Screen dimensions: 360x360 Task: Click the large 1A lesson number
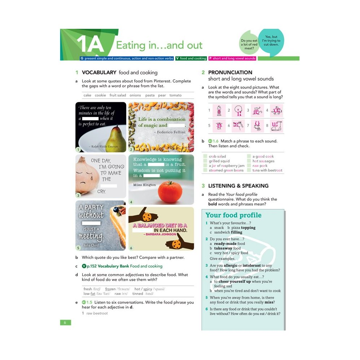click(90, 45)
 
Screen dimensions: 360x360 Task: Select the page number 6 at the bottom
click(65, 323)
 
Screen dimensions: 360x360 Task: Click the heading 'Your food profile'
click(233, 215)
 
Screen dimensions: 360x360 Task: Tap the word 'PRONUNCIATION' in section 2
click(230, 72)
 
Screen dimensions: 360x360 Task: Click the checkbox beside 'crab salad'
click(205, 157)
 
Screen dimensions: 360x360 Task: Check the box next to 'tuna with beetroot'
click(249, 170)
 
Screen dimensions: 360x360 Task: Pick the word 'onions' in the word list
click(135, 95)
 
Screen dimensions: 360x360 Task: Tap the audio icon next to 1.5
click(84, 302)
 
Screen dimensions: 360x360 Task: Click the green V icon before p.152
click(84, 266)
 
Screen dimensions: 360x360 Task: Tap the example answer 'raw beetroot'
click(97, 313)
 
